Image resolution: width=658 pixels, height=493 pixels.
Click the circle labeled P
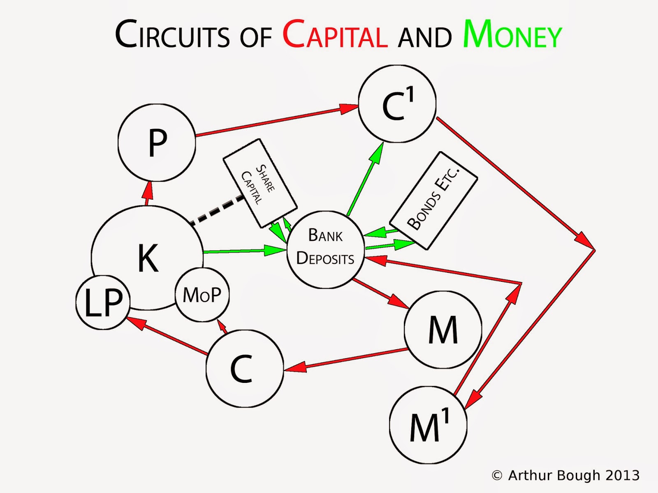click(x=157, y=142)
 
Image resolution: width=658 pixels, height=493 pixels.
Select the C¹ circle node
click(x=397, y=104)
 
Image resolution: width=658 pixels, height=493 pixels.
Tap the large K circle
click(x=147, y=255)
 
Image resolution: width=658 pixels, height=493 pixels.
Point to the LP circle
click(x=103, y=302)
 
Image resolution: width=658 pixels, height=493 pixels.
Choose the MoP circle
click(x=202, y=295)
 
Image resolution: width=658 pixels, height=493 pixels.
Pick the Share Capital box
click(x=260, y=183)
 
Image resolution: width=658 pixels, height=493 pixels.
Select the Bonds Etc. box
click(x=433, y=200)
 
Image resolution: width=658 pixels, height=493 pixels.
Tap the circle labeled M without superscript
click(x=443, y=329)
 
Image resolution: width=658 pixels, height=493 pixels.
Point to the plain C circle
click(x=244, y=369)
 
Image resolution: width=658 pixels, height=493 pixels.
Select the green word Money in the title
click(x=512, y=35)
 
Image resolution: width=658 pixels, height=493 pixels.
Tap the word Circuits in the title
click(x=172, y=35)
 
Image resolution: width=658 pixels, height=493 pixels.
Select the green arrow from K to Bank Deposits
click(x=243, y=251)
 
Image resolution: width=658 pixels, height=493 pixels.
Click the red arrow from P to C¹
click(x=276, y=122)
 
